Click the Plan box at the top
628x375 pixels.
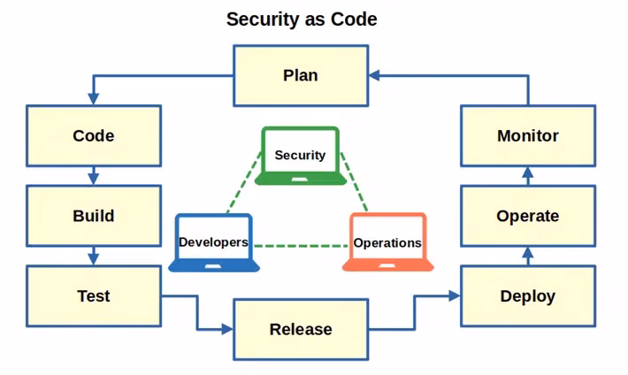coord(300,75)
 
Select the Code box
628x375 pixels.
coord(94,136)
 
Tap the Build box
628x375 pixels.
coord(94,216)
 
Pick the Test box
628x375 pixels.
coord(94,295)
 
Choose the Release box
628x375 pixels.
coord(300,329)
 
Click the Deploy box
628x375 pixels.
coord(527,295)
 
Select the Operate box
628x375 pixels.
coord(527,216)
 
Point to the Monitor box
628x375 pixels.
coord(527,136)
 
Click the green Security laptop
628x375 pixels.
coord(300,156)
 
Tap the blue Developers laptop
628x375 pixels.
coord(214,241)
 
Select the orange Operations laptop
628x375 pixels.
coord(387,241)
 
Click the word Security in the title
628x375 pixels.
coord(264,19)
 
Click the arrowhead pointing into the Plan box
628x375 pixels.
coord(375,76)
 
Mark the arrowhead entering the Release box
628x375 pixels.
coord(226,329)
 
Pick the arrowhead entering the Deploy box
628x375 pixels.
coord(455,295)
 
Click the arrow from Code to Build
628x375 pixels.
coord(94,176)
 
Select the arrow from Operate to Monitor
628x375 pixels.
coord(528,176)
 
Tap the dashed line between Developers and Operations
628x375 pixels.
coord(300,245)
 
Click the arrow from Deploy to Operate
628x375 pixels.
coord(528,256)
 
